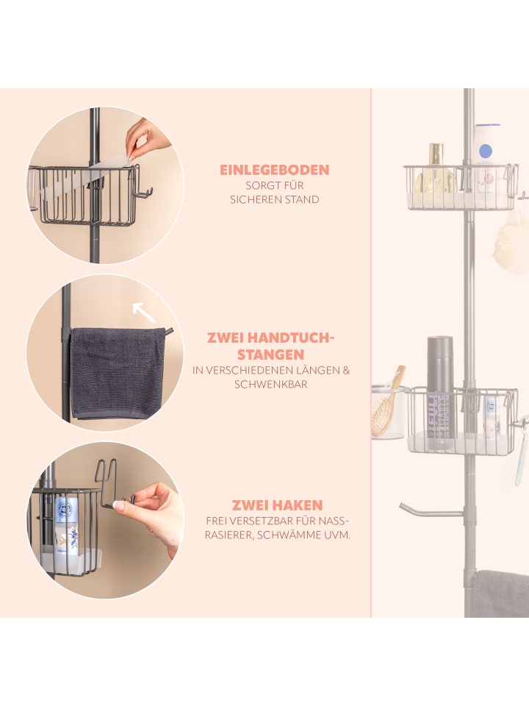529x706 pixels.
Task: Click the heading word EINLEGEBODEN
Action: point(274,170)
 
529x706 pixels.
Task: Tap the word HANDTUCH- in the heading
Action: point(294,338)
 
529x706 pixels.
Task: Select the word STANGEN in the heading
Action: point(271,354)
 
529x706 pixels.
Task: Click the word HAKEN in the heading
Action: point(300,505)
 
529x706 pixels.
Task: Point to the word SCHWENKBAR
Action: point(271,385)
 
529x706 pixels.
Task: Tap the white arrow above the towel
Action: point(144,312)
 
